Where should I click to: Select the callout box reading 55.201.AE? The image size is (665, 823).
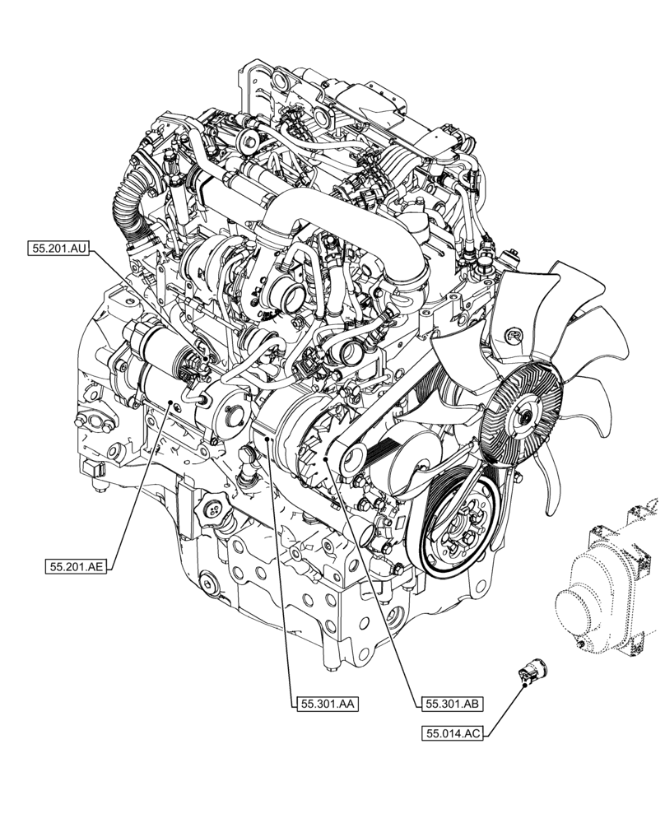tap(79, 566)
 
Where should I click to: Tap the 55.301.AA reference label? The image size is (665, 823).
tap(327, 704)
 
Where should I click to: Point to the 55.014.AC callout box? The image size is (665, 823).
tap(453, 732)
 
